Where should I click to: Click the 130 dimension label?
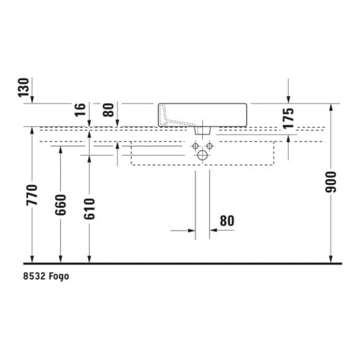[24, 87]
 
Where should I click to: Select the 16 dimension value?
[81, 110]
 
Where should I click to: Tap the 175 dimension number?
[288, 118]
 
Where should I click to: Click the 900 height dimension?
[331, 182]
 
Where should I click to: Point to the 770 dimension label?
[32, 195]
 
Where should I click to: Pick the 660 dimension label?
[60, 205]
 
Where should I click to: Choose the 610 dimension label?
[89, 209]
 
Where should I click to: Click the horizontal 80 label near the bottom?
[227, 220]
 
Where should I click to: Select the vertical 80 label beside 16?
[109, 110]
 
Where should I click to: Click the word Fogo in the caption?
[59, 276]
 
